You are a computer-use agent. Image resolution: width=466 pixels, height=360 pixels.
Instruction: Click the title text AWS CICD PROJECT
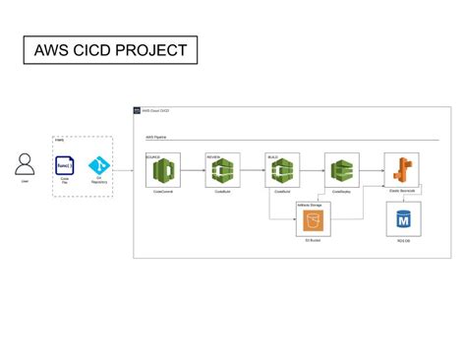(110, 50)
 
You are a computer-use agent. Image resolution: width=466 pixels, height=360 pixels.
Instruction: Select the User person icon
(25, 163)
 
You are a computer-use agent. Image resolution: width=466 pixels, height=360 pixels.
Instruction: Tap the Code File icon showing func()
(65, 165)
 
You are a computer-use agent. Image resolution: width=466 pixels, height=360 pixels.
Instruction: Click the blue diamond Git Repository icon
(96, 165)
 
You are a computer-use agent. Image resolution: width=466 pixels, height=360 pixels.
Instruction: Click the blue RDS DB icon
(401, 218)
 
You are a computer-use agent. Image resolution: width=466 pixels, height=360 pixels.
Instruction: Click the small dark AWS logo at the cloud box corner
(138, 111)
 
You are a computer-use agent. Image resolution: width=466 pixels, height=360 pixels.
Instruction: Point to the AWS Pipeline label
(155, 138)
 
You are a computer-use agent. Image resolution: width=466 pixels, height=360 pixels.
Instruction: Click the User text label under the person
(25, 182)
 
